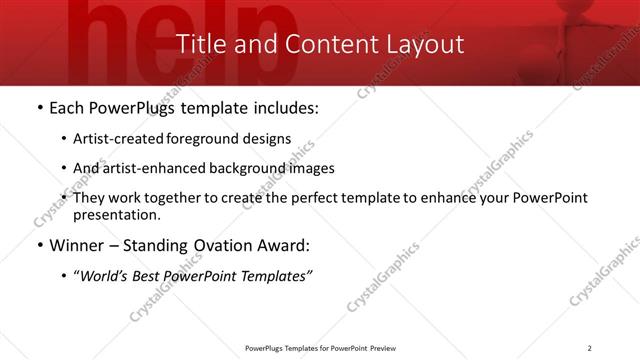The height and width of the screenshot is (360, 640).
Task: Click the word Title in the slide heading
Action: point(200,44)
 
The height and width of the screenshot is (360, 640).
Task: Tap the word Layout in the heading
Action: point(427,44)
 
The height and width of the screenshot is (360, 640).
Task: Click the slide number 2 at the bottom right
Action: point(589,348)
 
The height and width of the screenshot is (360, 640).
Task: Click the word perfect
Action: point(307,198)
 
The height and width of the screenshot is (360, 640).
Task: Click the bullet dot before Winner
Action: point(39,244)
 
